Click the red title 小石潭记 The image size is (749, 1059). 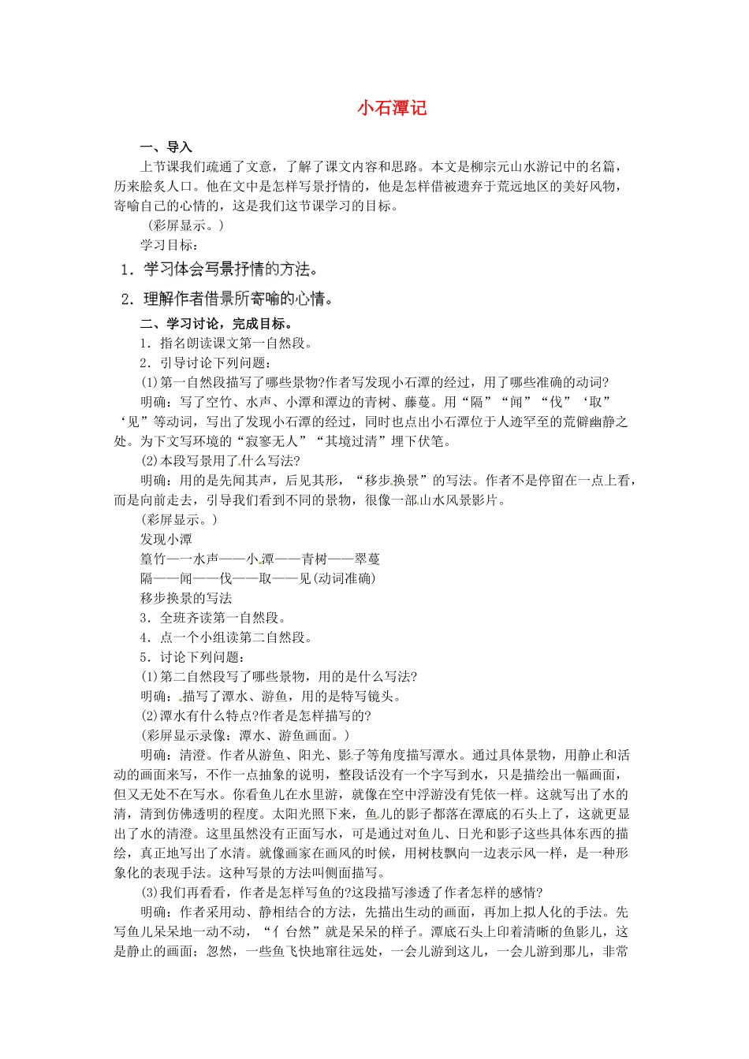(392, 108)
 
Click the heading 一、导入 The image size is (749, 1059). (166, 147)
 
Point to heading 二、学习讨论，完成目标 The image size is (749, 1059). (217, 324)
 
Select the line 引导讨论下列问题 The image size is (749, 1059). (207, 363)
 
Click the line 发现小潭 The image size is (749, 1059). (166, 540)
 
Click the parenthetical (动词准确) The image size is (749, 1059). (345, 578)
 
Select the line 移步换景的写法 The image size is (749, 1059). (186, 598)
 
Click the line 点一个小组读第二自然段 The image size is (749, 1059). (226, 637)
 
